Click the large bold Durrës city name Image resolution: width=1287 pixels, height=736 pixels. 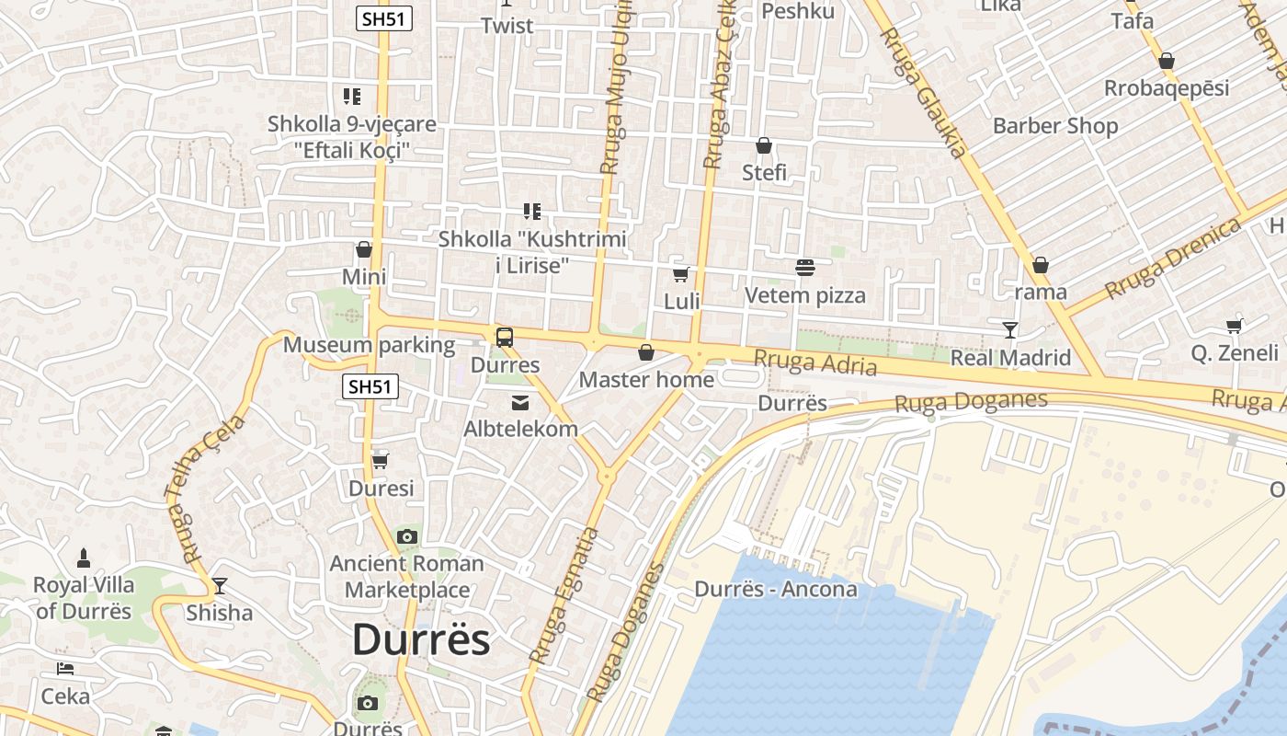[421, 639]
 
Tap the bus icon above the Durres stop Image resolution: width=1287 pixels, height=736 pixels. [505, 338]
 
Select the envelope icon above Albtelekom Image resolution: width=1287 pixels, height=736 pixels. [520, 402]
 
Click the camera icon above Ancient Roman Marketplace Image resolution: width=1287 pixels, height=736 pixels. [407, 536]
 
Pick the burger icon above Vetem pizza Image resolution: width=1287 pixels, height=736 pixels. [805, 268]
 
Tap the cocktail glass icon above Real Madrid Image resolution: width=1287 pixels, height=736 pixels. [1010, 329]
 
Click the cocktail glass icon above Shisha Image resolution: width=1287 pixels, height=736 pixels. [219, 585]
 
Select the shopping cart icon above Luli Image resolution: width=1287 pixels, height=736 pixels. [681, 274]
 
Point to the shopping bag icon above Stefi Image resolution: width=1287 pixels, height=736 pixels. [764, 145]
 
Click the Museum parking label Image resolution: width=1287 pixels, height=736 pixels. [369, 345]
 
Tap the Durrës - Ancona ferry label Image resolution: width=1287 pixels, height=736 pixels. [776, 589]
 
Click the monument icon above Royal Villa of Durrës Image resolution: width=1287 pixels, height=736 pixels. [84, 558]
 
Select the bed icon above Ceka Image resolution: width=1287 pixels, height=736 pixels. [64, 669]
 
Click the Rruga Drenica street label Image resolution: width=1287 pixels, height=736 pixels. [1173, 259]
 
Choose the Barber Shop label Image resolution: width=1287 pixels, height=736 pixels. [1055, 126]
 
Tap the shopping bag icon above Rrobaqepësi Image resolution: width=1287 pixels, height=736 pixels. [1167, 62]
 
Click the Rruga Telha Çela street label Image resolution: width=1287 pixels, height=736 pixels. [208, 489]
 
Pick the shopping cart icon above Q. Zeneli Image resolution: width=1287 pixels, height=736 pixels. [1235, 326]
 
